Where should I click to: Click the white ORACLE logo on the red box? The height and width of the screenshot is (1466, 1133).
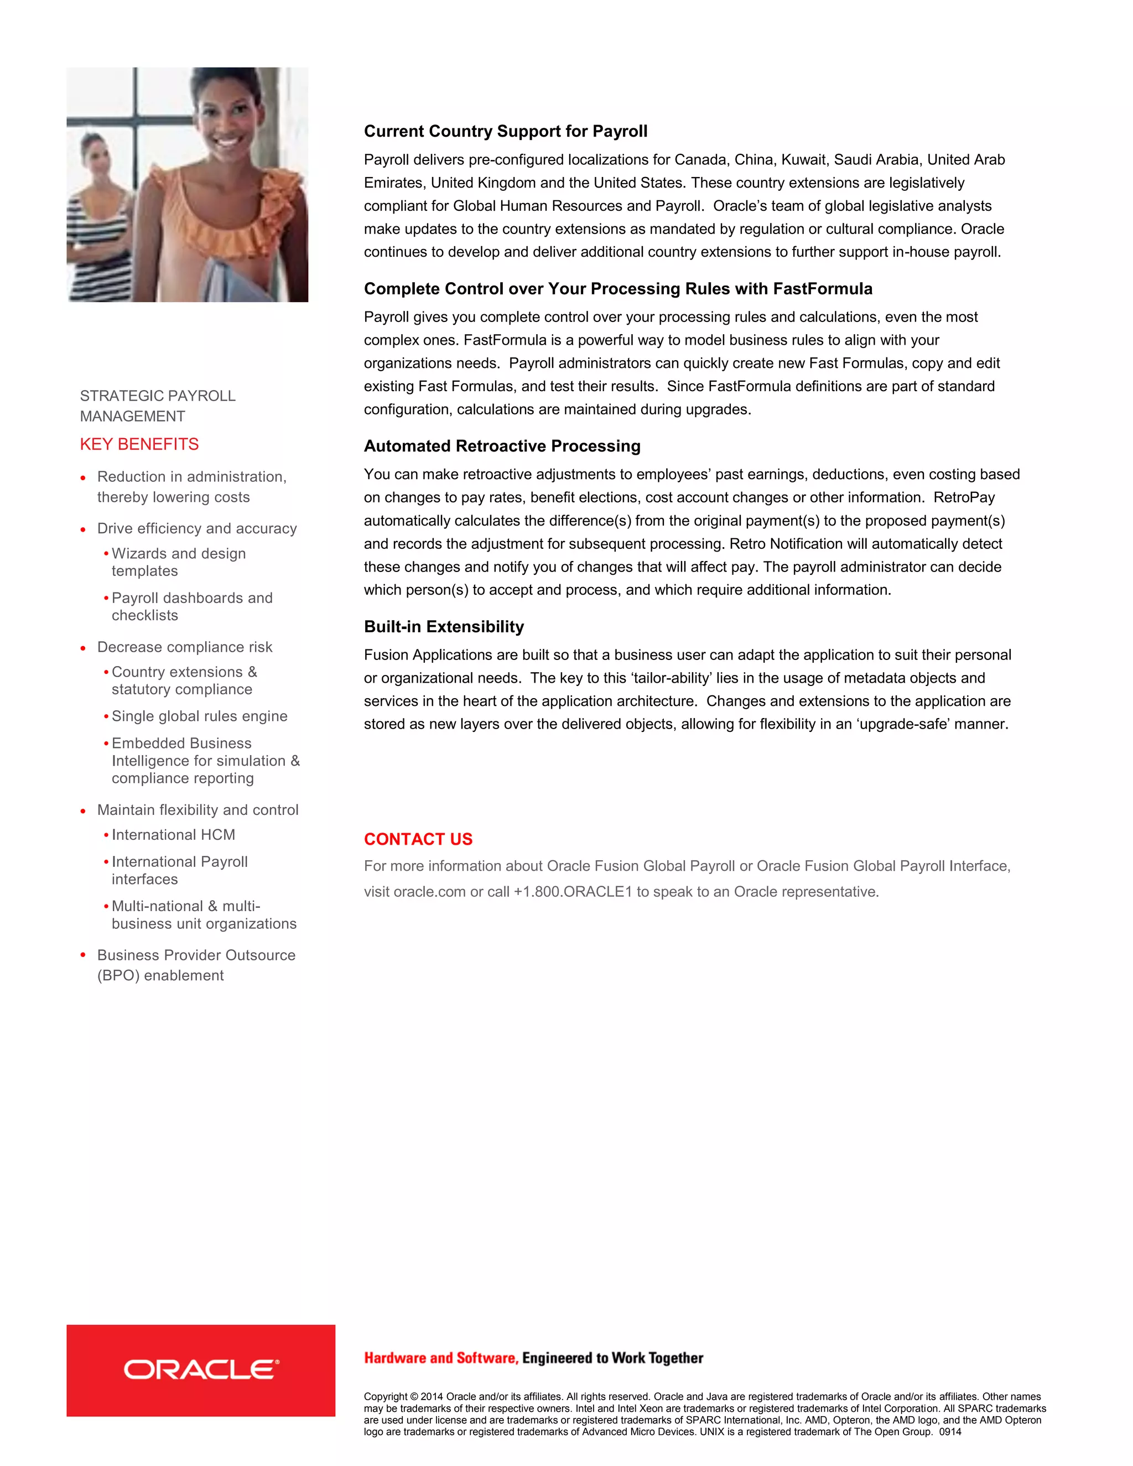pyautogui.click(x=201, y=1369)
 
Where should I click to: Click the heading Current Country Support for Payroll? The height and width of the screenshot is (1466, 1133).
pyautogui.click(x=506, y=131)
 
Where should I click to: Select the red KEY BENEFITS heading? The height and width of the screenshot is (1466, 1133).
pyautogui.click(x=139, y=444)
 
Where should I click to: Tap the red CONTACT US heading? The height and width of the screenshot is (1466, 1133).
pyautogui.click(x=418, y=839)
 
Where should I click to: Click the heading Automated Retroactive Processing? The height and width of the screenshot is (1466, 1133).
pyautogui.click(x=502, y=446)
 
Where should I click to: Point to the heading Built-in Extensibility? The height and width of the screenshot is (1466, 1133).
pyautogui.click(x=444, y=626)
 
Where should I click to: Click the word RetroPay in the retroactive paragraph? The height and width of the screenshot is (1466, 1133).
pyautogui.click(x=964, y=497)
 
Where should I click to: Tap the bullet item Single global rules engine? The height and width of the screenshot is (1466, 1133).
pyautogui.click(x=199, y=716)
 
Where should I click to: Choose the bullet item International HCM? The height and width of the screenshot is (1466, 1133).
pyautogui.click(x=173, y=834)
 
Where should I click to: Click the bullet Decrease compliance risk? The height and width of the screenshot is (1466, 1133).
pyautogui.click(x=185, y=647)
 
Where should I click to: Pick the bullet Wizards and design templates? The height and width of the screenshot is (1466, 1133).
pyautogui.click(x=178, y=562)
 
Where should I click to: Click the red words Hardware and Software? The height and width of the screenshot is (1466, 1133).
pyautogui.click(x=441, y=1358)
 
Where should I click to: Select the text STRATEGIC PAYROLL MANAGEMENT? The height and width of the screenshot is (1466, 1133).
pyautogui.click(x=157, y=406)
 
